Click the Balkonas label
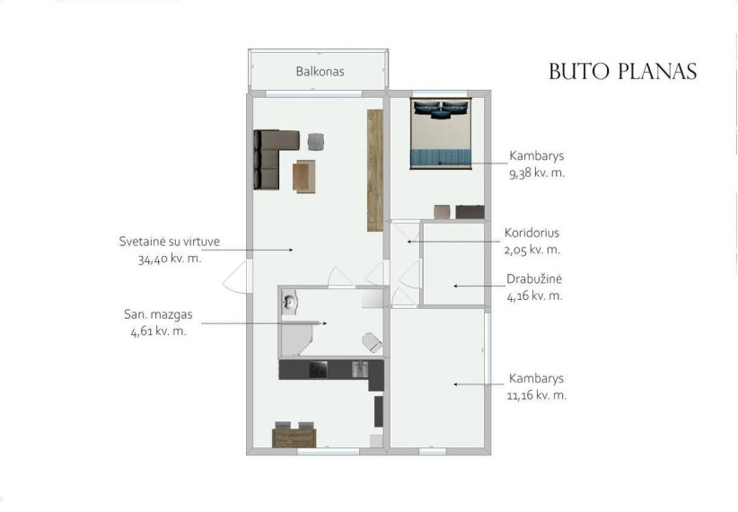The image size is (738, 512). click(320, 72)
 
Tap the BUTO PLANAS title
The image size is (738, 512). click(623, 72)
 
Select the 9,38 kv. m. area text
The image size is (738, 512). click(537, 172)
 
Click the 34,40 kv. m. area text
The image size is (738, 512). click(170, 259)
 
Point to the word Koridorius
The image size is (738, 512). click(532, 233)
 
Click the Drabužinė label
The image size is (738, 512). click(534, 278)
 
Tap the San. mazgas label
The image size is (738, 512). click(158, 314)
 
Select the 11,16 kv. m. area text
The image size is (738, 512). click(537, 395)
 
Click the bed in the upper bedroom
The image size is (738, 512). click(441, 133)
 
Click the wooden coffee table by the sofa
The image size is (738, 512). click(304, 177)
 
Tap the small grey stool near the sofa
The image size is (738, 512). click(316, 142)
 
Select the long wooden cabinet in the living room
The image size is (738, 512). click(375, 170)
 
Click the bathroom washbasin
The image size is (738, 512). click(289, 302)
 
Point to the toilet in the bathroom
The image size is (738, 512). click(372, 342)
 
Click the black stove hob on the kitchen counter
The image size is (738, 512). click(318, 369)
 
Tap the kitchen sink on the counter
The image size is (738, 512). click(360, 369)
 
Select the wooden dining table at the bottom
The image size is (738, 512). click(294, 437)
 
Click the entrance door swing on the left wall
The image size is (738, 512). click(235, 276)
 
